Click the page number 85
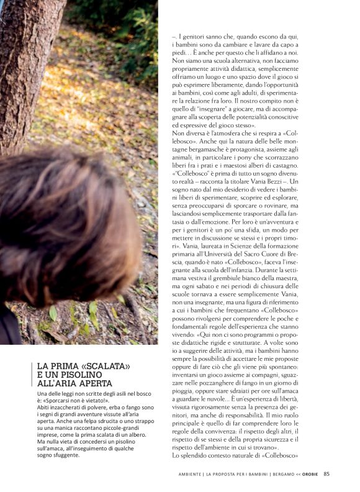[326, 475]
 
